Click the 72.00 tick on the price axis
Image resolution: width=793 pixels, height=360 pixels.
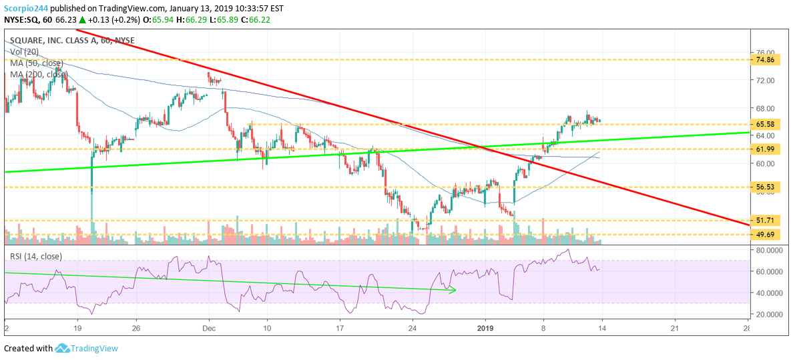click(x=765, y=81)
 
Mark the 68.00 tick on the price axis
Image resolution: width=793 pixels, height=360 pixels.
click(x=765, y=109)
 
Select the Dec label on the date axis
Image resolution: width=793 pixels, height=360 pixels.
click(x=209, y=329)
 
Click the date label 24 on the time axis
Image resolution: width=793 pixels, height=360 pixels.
click(x=412, y=329)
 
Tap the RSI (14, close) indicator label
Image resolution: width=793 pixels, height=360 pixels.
click(x=36, y=256)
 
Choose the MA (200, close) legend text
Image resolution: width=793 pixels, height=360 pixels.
click(x=39, y=74)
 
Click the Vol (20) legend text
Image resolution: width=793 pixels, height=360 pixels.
click(x=25, y=51)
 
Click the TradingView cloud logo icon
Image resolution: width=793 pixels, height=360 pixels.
click(x=63, y=348)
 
